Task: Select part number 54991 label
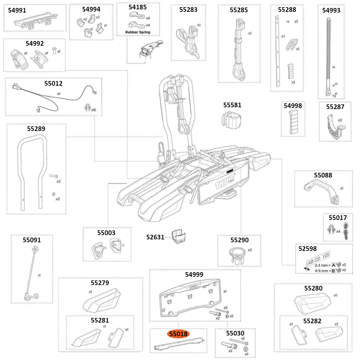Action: (17, 10)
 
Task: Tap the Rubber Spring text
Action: (138, 32)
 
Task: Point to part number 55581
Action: (232, 105)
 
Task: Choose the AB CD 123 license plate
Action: (318, 258)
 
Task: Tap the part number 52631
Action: (155, 237)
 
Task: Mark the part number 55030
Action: (235, 333)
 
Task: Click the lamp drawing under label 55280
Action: (312, 302)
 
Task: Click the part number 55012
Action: (53, 84)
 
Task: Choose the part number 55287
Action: (335, 107)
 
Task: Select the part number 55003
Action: (106, 233)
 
